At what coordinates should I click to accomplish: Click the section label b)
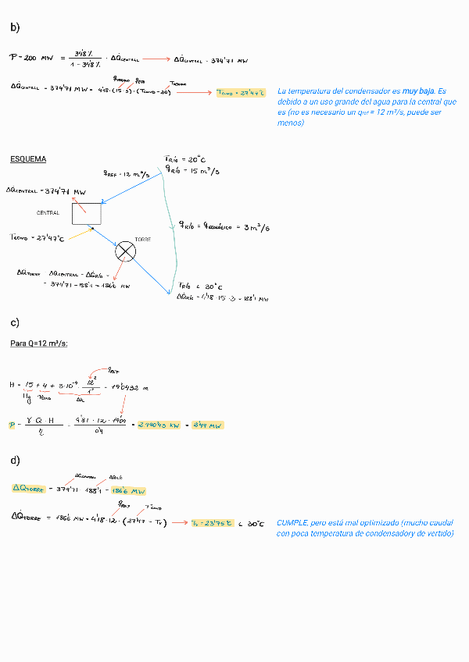15,27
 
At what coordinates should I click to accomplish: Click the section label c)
15,322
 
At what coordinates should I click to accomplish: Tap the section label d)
15,460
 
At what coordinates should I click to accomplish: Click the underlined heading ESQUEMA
27,159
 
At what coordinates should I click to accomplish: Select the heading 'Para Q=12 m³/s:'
39,343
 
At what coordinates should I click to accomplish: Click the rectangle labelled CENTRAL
86,213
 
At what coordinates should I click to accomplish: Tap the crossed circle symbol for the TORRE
125,251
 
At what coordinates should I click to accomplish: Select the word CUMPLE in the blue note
292,522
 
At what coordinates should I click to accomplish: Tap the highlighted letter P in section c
13,425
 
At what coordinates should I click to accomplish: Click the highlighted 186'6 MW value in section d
127,491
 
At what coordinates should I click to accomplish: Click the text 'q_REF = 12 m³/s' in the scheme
126,175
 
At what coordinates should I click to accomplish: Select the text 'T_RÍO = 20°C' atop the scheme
184,160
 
